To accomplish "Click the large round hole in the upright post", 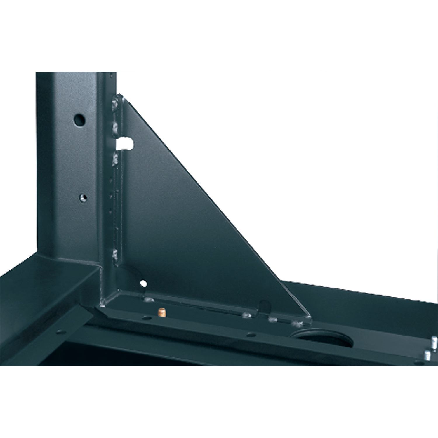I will click(x=79, y=119).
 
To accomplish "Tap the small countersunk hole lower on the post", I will click(x=84, y=197).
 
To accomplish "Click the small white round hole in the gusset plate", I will click(x=143, y=283).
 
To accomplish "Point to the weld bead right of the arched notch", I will click(x=272, y=319).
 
